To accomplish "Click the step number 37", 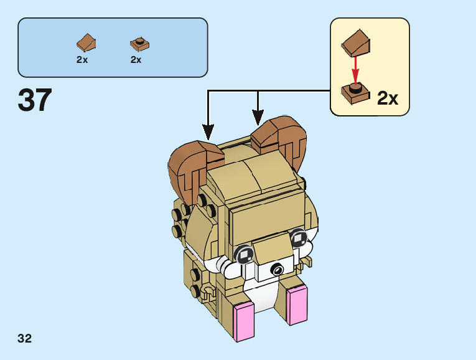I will [35, 100].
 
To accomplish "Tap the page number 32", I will [25, 339].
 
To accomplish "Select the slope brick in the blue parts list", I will [86, 43].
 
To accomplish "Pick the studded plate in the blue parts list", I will [140, 44].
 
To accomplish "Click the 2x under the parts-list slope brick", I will [82, 60].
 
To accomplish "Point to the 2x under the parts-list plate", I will [136, 60].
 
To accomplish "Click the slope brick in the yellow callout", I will [357, 42].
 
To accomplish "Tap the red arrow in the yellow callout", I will [355, 70].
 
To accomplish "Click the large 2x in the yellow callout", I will [388, 98].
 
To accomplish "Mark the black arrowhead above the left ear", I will [208, 132].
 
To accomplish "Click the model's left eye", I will [243, 253].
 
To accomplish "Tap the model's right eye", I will [298, 237].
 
